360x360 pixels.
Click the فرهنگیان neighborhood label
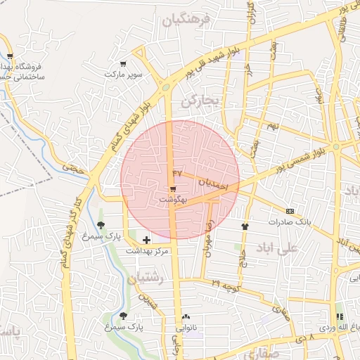coord(186,21)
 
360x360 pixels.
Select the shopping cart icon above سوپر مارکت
coord(124,63)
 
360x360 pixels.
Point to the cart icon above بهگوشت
coord(173,189)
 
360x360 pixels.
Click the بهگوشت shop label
coord(172,200)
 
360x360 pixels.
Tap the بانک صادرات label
coord(289,221)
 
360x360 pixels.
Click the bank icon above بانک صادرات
coord(290,211)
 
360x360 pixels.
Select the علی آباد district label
coord(298,248)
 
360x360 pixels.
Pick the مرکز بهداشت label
coord(147,251)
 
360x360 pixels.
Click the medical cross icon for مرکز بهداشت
coord(146,240)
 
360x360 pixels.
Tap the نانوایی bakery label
coord(186,327)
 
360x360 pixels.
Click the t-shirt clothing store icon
coord(245,226)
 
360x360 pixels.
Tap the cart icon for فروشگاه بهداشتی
coord(10,56)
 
